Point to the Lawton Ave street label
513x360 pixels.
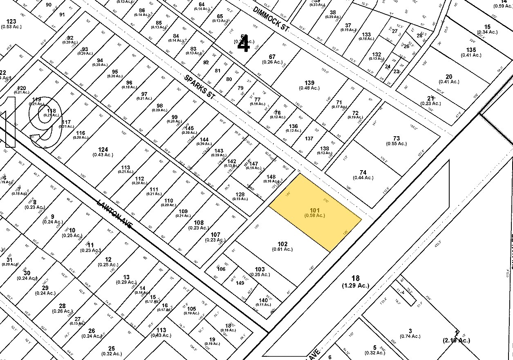[x=115, y=214]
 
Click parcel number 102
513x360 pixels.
[x=282, y=244]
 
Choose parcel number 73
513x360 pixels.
[x=396, y=139]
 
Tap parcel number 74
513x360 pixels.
[x=363, y=172]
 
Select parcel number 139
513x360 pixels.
[x=309, y=83]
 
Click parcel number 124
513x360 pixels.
[x=103, y=149]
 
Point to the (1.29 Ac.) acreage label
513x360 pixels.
[x=355, y=286]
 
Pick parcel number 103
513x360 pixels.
[x=260, y=269]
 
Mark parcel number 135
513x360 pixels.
[x=471, y=50]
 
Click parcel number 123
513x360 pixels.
[x=11, y=21]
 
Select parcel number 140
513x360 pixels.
[x=263, y=300]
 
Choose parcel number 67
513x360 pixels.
[x=272, y=56]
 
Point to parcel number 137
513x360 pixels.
[x=309, y=138]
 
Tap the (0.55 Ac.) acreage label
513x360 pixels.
[x=396, y=144]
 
